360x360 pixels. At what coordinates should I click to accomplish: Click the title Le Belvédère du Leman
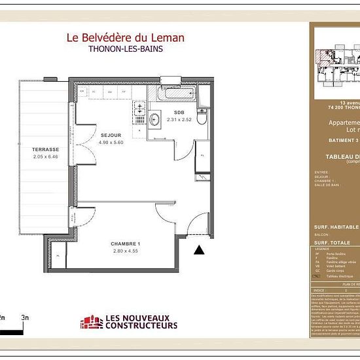click(126, 37)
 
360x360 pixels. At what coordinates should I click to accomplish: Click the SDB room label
click(170, 113)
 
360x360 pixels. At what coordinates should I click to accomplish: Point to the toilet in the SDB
click(202, 120)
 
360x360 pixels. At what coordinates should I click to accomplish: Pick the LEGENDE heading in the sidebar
click(323, 249)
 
